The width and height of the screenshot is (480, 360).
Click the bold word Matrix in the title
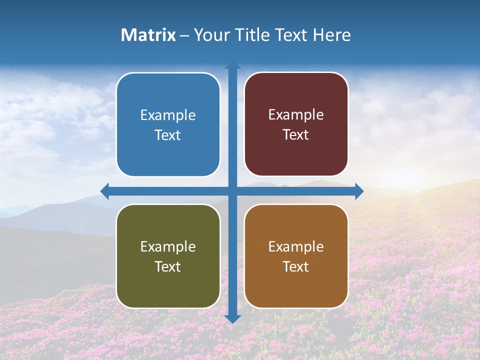148,35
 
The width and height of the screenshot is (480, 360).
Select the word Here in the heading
331,35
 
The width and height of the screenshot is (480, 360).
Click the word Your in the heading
210,35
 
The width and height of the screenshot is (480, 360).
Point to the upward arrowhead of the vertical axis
232,65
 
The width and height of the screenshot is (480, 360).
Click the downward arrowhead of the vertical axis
232,318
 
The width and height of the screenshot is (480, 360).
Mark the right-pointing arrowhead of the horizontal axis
359,191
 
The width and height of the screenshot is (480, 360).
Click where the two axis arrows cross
232,191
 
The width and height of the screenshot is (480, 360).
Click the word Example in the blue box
168,115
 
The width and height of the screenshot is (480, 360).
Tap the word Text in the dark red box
296,135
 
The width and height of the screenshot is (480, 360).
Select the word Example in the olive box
168,246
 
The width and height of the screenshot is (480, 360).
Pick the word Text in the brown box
296,266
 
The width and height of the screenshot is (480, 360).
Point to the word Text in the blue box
168,135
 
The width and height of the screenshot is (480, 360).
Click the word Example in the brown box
296,246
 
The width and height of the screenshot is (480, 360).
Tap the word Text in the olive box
168,266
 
